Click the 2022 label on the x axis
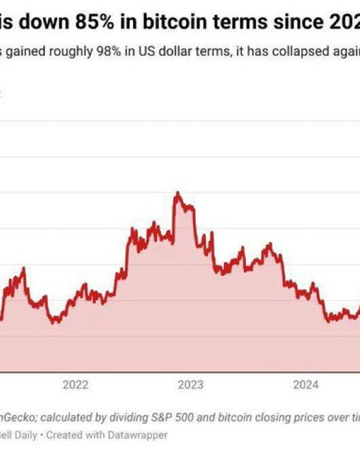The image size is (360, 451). (x=76, y=385)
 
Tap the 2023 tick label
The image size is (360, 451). (x=190, y=385)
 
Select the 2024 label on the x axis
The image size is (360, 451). (x=305, y=385)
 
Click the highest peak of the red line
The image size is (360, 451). (x=177, y=193)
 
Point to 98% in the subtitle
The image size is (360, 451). (x=118, y=53)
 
